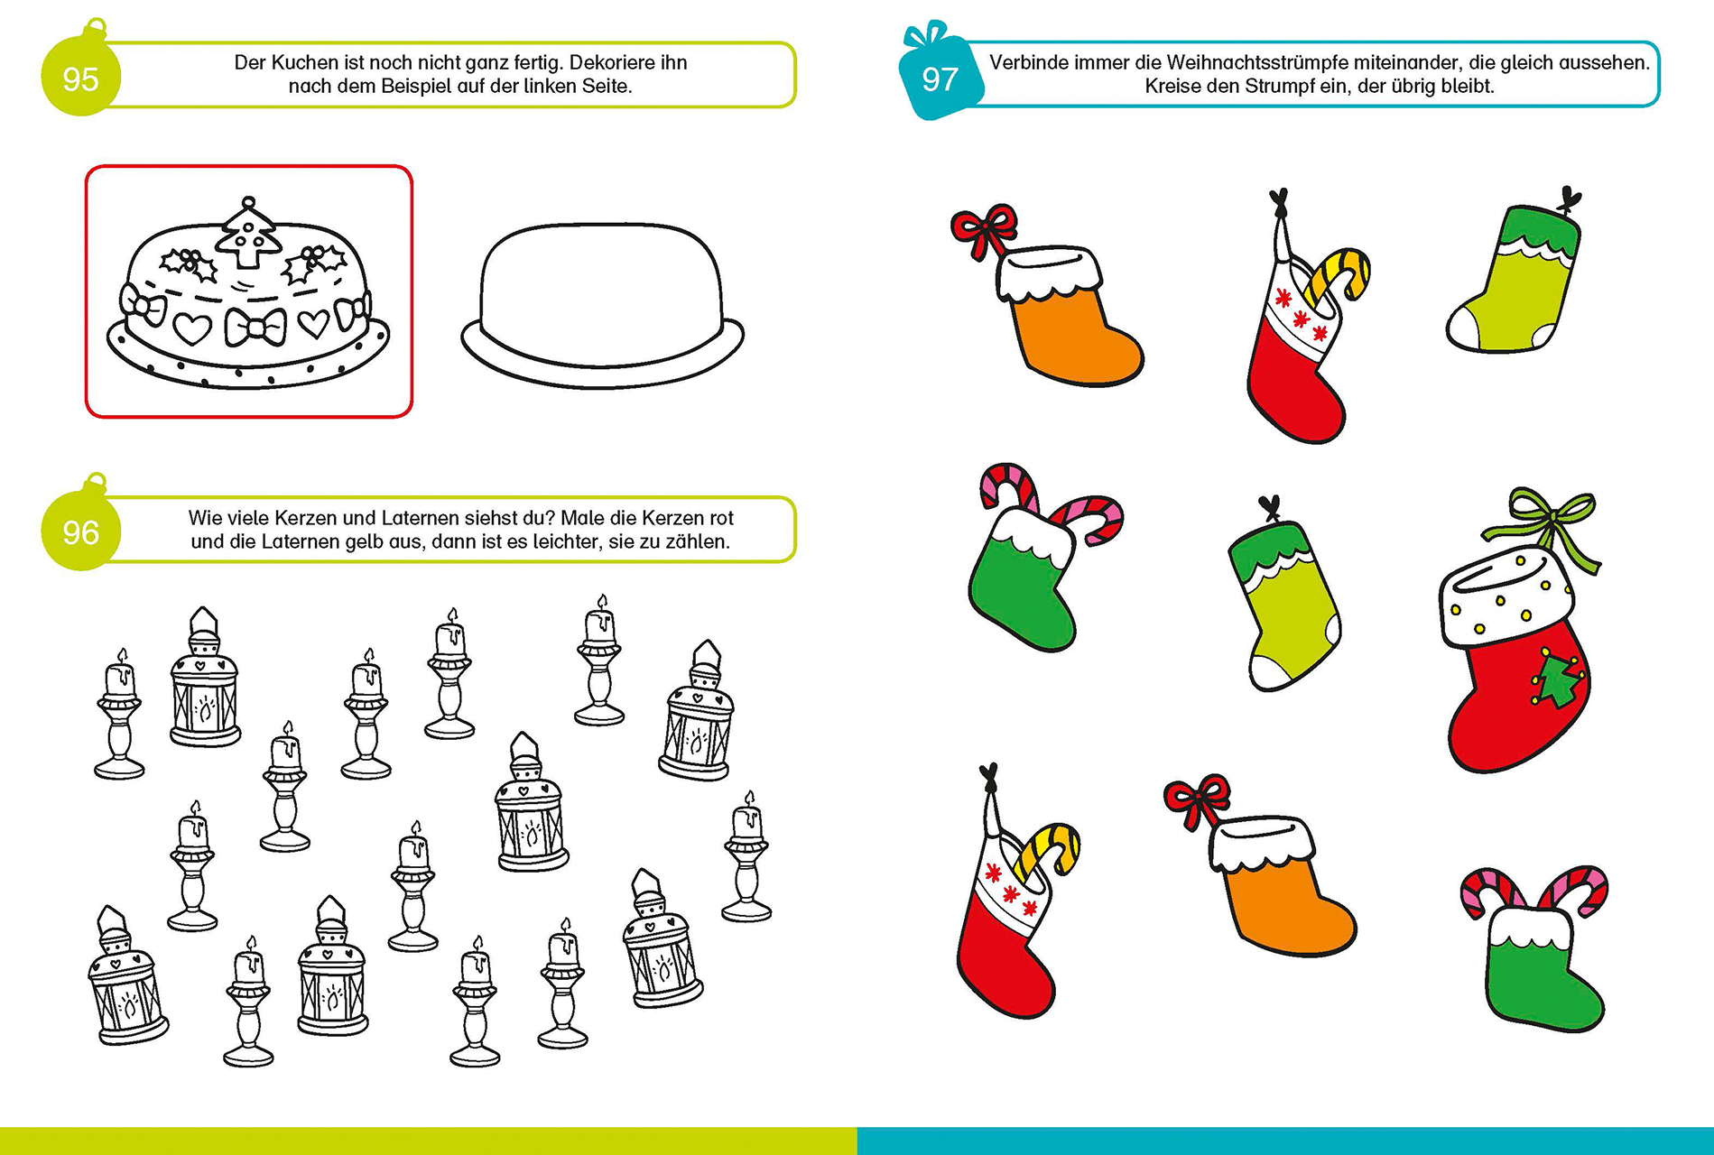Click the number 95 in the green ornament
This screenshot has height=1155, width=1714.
coord(80,79)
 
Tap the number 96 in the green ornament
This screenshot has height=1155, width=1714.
coord(80,532)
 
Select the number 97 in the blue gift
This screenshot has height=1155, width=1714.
coord(940,79)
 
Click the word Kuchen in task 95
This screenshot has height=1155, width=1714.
coord(304,62)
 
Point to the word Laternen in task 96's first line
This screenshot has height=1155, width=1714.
coord(418,518)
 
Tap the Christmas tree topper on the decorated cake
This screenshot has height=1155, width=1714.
coord(247,233)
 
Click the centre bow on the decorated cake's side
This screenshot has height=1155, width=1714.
coord(255,327)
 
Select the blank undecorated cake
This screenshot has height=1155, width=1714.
coord(602,306)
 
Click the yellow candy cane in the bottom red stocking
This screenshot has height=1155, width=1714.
coord(1048,851)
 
